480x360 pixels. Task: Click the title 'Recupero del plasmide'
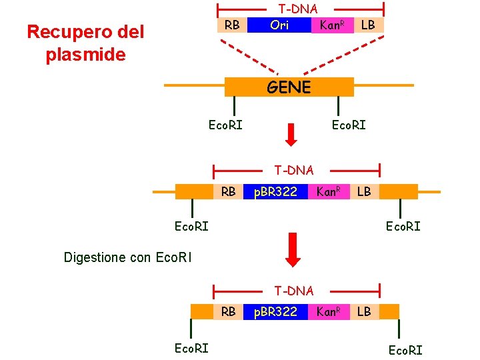pos(85,43)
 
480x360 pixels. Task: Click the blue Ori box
pos(279,25)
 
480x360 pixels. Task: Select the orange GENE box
pos(289,87)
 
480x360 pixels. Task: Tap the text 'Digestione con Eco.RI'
pos(127,257)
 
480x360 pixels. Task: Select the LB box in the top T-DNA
pos(367,25)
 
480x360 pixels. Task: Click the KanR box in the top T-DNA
pos(331,25)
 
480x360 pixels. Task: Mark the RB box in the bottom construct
pos(228,311)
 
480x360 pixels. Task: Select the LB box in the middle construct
pos(364,192)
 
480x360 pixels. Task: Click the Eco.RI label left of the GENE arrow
pos(225,125)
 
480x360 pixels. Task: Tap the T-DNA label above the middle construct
pos(294,171)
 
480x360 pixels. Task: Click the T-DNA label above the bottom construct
pos(294,291)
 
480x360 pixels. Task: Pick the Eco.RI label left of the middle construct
pos(191,226)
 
